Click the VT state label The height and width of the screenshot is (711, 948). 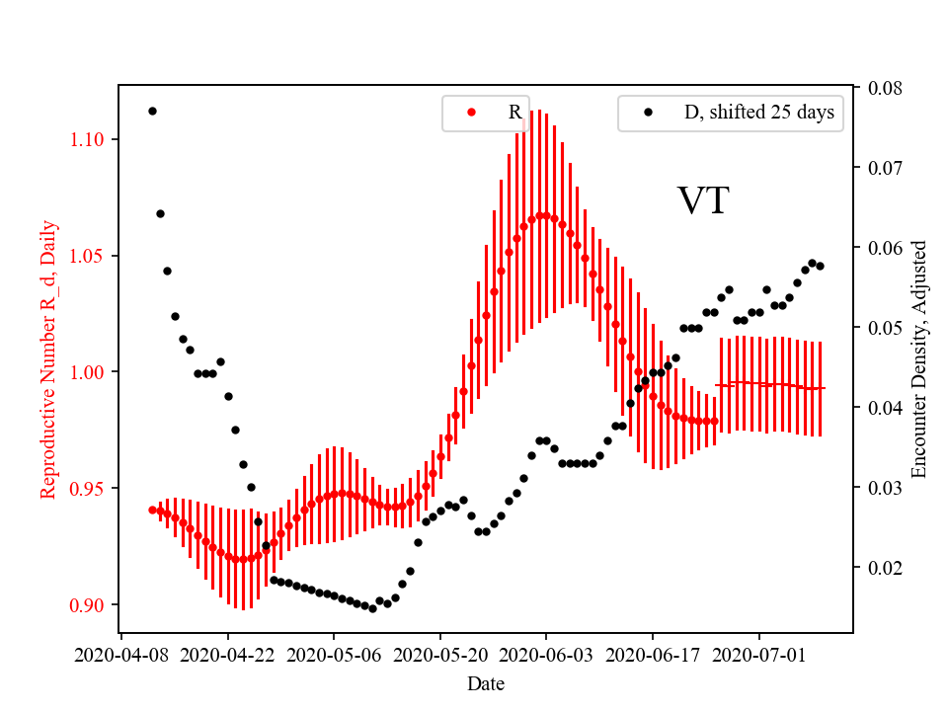703,200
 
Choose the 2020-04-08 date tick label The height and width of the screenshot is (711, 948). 121,654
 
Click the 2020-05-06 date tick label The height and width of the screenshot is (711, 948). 334,654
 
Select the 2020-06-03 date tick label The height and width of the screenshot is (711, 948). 546,654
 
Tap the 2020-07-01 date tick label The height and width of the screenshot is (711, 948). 759,654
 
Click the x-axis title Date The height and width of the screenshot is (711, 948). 486,682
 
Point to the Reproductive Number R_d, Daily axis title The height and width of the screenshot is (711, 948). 48,359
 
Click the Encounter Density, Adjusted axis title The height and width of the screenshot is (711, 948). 919,359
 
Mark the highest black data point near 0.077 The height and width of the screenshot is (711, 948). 152,111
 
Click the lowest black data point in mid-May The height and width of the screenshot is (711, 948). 372,608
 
